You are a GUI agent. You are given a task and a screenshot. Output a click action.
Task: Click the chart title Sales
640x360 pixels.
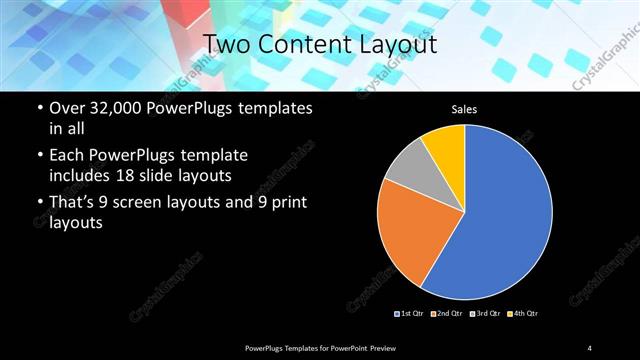click(x=465, y=109)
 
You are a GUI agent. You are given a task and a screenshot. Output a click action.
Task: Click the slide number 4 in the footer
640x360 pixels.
click(x=590, y=347)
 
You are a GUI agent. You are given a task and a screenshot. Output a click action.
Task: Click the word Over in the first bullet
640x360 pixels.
click(x=66, y=107)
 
